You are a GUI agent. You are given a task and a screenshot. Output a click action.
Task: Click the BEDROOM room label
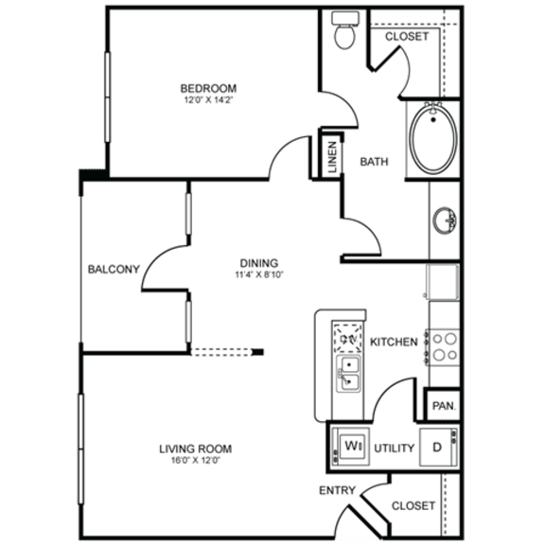[x=208, y=89]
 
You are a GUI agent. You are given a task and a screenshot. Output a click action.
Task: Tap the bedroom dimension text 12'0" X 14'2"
[x=208, y=101]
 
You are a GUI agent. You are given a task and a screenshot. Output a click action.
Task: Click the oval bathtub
[x=433, y=137]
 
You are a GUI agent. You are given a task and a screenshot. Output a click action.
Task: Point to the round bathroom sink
[x=444, y=221]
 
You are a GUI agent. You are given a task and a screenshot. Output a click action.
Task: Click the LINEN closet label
[x=332, y=157]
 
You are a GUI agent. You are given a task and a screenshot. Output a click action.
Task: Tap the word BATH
[x=374, y=162]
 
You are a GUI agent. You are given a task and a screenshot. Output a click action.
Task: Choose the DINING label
[x=257, y=263]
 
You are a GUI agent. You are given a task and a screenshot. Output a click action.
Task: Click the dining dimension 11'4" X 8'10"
[x=257, y=275]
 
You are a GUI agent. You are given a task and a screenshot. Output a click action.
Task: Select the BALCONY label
[x=114, y=269]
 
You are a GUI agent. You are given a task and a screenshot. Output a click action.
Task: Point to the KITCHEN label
[x=394, y=342]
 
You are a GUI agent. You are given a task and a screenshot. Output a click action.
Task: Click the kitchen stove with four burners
[x=443, y=345]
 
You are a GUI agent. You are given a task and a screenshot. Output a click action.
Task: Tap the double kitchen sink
[x=347, y=373]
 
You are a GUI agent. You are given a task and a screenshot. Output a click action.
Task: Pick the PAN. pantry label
[x=442, y=406]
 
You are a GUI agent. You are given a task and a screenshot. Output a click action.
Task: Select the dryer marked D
[x=437, y=447]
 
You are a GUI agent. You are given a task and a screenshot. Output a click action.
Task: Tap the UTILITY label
[x=394, y=448]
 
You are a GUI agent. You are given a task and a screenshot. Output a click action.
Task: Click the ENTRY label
[x=337, y=490]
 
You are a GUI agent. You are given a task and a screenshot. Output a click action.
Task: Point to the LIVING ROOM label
[x=196, y=448]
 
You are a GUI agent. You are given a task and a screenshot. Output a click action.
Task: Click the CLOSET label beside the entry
[x=413, y=506]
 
